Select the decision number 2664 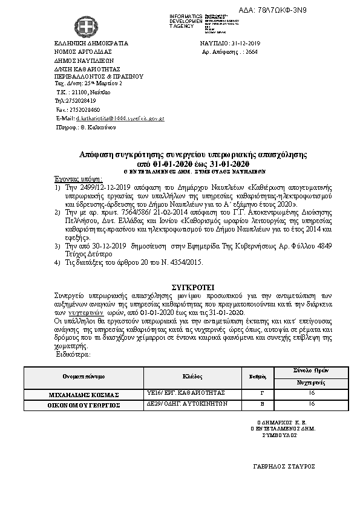(x=252, y=53)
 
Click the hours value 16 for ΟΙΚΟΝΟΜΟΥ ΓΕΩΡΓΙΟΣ (x=311, y=404)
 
